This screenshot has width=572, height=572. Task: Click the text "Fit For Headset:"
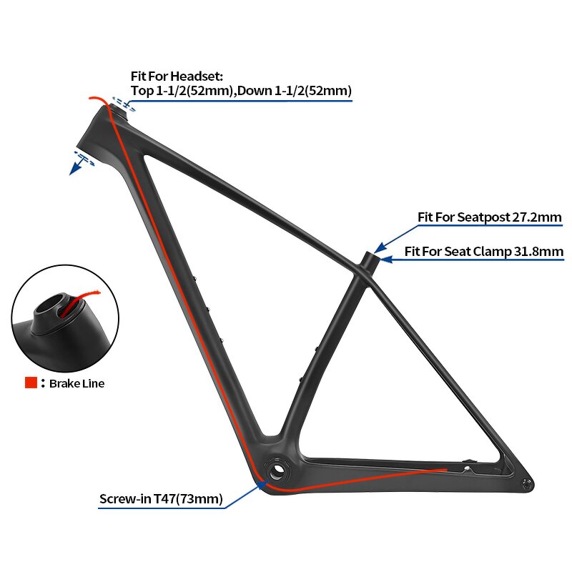point(177,75)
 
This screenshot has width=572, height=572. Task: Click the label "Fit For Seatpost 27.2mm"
point(490,217)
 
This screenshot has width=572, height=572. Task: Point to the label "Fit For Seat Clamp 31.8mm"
point(484,251)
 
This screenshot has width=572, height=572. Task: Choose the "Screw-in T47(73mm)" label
point(161,498)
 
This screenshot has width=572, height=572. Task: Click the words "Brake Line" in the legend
point(77,384)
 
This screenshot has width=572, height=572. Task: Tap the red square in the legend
point(31,383)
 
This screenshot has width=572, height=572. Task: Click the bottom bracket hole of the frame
point(277,472)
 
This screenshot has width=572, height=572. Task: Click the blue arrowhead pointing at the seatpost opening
point(378,248)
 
